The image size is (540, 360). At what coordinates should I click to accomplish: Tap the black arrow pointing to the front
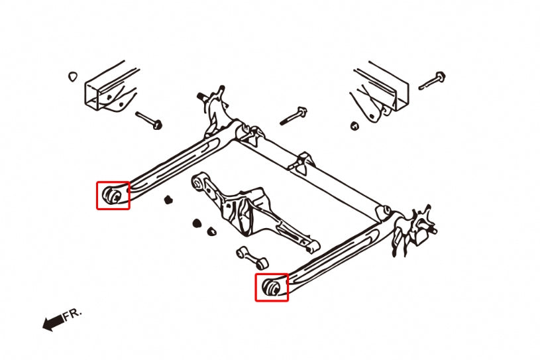53,323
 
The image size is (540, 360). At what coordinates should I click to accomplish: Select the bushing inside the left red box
113,196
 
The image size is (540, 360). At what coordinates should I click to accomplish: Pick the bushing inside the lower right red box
272,287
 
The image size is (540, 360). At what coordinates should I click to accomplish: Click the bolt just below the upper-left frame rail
149,120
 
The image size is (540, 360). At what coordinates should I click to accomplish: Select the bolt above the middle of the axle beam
294,116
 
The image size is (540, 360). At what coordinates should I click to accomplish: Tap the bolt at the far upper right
432,81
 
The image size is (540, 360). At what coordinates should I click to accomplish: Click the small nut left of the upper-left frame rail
72,76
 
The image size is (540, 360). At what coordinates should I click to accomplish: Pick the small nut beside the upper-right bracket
354,126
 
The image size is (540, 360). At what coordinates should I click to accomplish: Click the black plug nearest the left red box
168,200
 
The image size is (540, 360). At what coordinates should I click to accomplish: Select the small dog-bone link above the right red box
252,258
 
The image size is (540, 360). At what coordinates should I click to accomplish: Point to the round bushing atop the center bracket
197,182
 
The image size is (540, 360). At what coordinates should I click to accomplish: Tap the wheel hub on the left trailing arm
214,110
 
